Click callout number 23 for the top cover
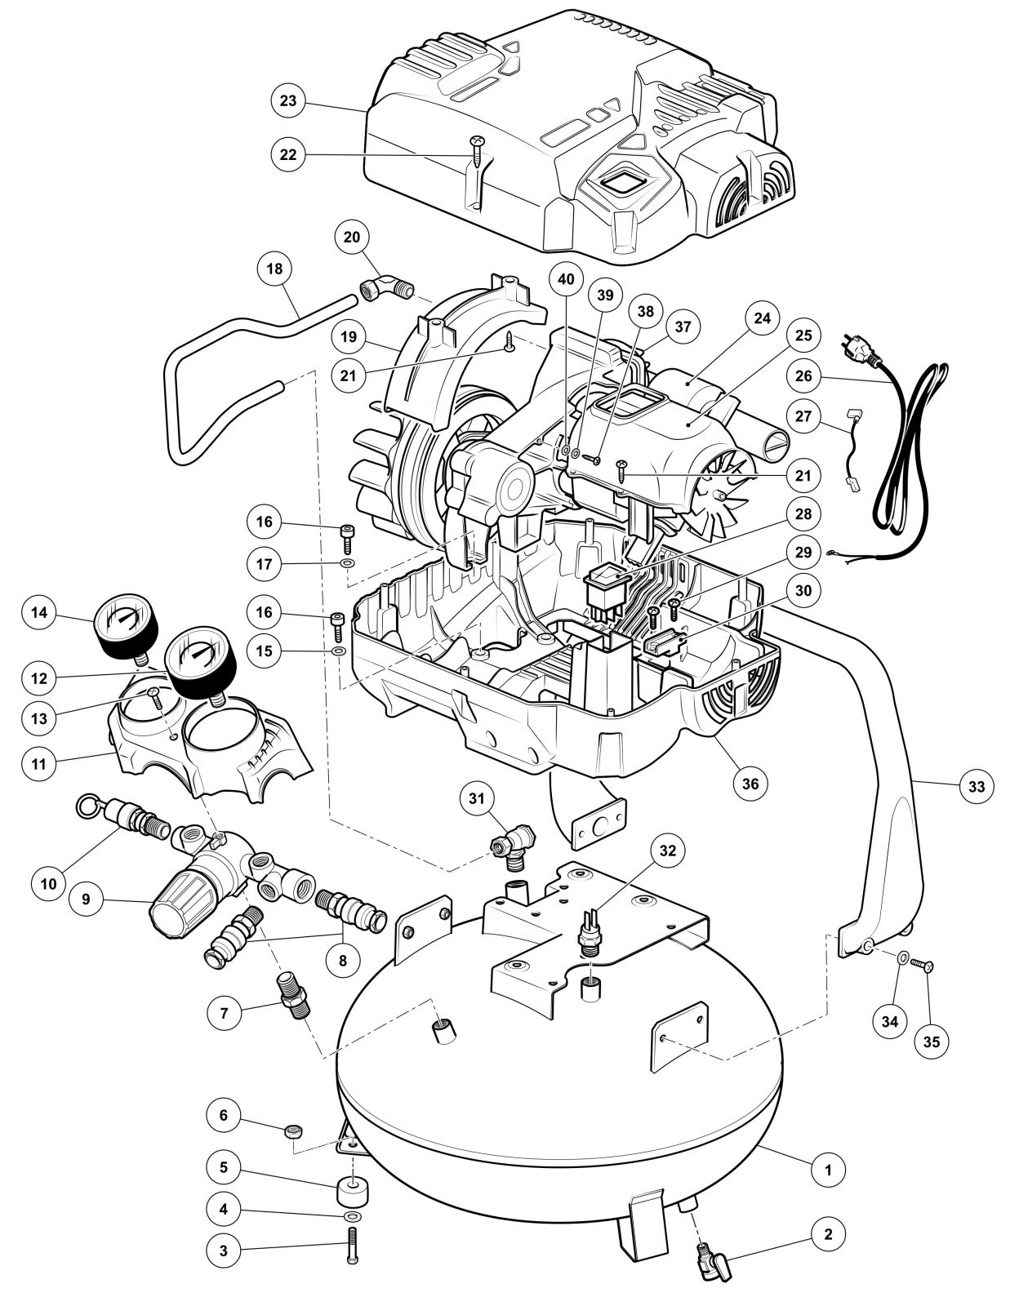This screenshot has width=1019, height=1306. [287, 102]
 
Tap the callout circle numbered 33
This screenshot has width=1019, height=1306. [976, 786]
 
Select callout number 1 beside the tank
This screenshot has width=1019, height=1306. [829, 1169]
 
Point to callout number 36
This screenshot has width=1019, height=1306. [750, 784]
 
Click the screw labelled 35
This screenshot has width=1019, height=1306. [924, 965]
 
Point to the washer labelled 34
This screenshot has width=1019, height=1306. [902, 957]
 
